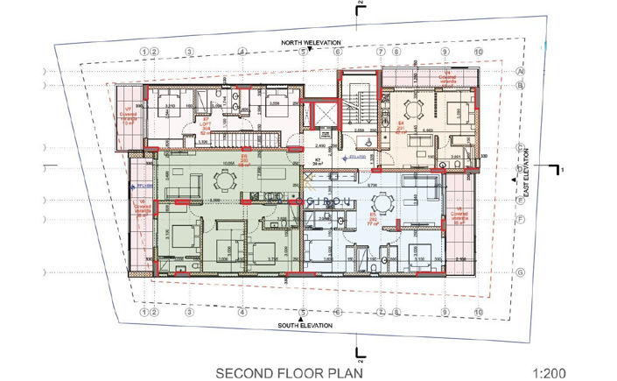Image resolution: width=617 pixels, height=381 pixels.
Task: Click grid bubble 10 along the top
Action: click(478, 52)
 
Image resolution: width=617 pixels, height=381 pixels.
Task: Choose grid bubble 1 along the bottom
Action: click(143, 309)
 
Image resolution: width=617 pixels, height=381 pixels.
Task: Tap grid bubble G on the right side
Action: click(519, 272)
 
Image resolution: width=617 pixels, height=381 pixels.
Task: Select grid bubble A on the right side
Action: click(519, 72)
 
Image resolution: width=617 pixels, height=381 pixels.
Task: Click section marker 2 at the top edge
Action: click(359, 6)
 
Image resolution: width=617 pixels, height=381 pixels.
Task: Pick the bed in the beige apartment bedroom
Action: click(456, 111)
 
